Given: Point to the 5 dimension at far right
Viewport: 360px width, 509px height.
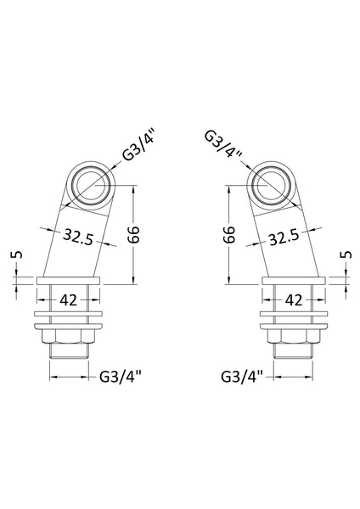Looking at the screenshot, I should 347,255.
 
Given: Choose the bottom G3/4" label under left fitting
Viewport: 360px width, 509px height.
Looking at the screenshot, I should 121,376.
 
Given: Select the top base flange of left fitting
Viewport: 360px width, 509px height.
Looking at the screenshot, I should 69,279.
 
